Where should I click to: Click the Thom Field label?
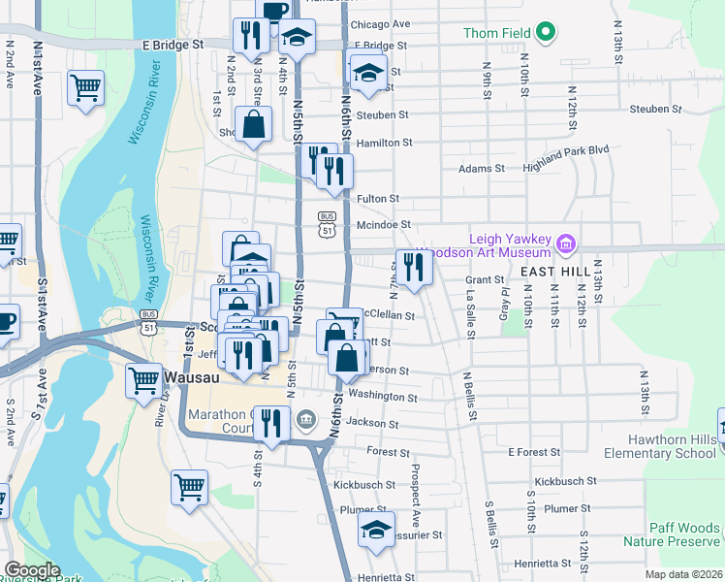point(498,33)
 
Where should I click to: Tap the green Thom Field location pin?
point(545,32)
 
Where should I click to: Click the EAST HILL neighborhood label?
point(554,273)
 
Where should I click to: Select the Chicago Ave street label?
point(380,24)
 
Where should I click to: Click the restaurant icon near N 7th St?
point(414,267)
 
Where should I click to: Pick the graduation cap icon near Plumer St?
point(376,530)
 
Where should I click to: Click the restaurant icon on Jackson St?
point(270,423)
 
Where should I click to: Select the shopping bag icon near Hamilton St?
point(253,124)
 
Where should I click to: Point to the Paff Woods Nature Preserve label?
point(685,535)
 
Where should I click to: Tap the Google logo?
point(32,569)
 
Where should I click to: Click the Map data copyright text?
point(684,574)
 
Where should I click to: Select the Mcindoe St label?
point(378,225)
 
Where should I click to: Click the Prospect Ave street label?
point(415,497)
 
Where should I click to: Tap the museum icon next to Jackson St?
point(306,420)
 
